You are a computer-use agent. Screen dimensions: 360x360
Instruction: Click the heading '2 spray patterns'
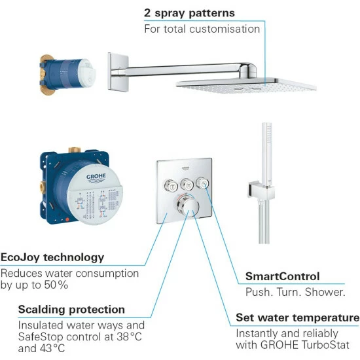click(189, 13)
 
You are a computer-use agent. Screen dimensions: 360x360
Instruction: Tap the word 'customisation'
click(225, 29)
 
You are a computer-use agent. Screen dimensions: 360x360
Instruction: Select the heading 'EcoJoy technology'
click(52, 257)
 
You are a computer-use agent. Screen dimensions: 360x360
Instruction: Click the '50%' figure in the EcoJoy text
click(56, 285)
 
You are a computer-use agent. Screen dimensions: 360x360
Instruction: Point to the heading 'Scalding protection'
click(71, 310)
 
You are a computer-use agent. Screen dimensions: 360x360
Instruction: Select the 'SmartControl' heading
click(282, 276)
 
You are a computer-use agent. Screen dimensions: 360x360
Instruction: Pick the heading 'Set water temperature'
click(298, 317)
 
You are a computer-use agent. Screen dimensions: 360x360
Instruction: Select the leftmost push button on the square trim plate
click(171, 186)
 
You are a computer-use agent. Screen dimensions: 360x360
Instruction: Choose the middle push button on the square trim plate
click(187, 185)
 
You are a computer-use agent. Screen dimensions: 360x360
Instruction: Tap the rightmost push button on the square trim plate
click(202, 183)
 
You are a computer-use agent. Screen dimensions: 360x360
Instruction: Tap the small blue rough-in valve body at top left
click(67, 75)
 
